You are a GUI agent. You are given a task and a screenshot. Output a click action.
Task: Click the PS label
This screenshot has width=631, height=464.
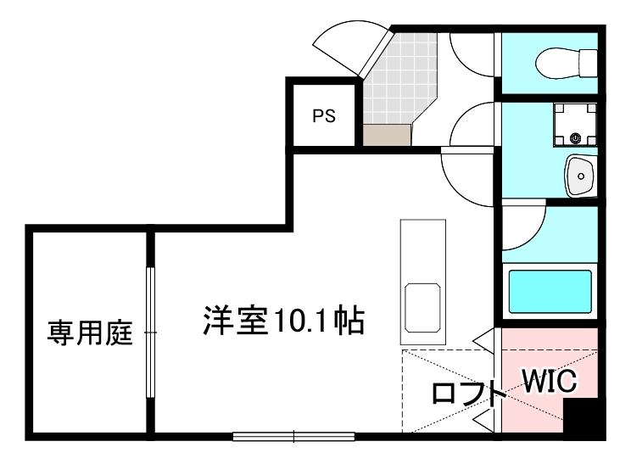tap(324, 117)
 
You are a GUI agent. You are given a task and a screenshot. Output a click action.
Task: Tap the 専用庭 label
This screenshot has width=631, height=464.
tap(89, 333)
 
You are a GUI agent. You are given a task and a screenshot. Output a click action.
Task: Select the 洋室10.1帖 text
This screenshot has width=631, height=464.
tap(283, 321)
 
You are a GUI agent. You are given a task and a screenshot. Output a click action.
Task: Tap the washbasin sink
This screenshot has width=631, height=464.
tap(581, 176)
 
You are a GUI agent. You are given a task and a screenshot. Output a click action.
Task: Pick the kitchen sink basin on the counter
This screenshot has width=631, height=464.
tap(422, 307)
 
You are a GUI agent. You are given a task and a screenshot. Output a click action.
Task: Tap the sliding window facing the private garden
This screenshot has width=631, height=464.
tap(150, 332)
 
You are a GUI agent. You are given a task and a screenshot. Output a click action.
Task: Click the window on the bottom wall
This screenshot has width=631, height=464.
tap(293, 437)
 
